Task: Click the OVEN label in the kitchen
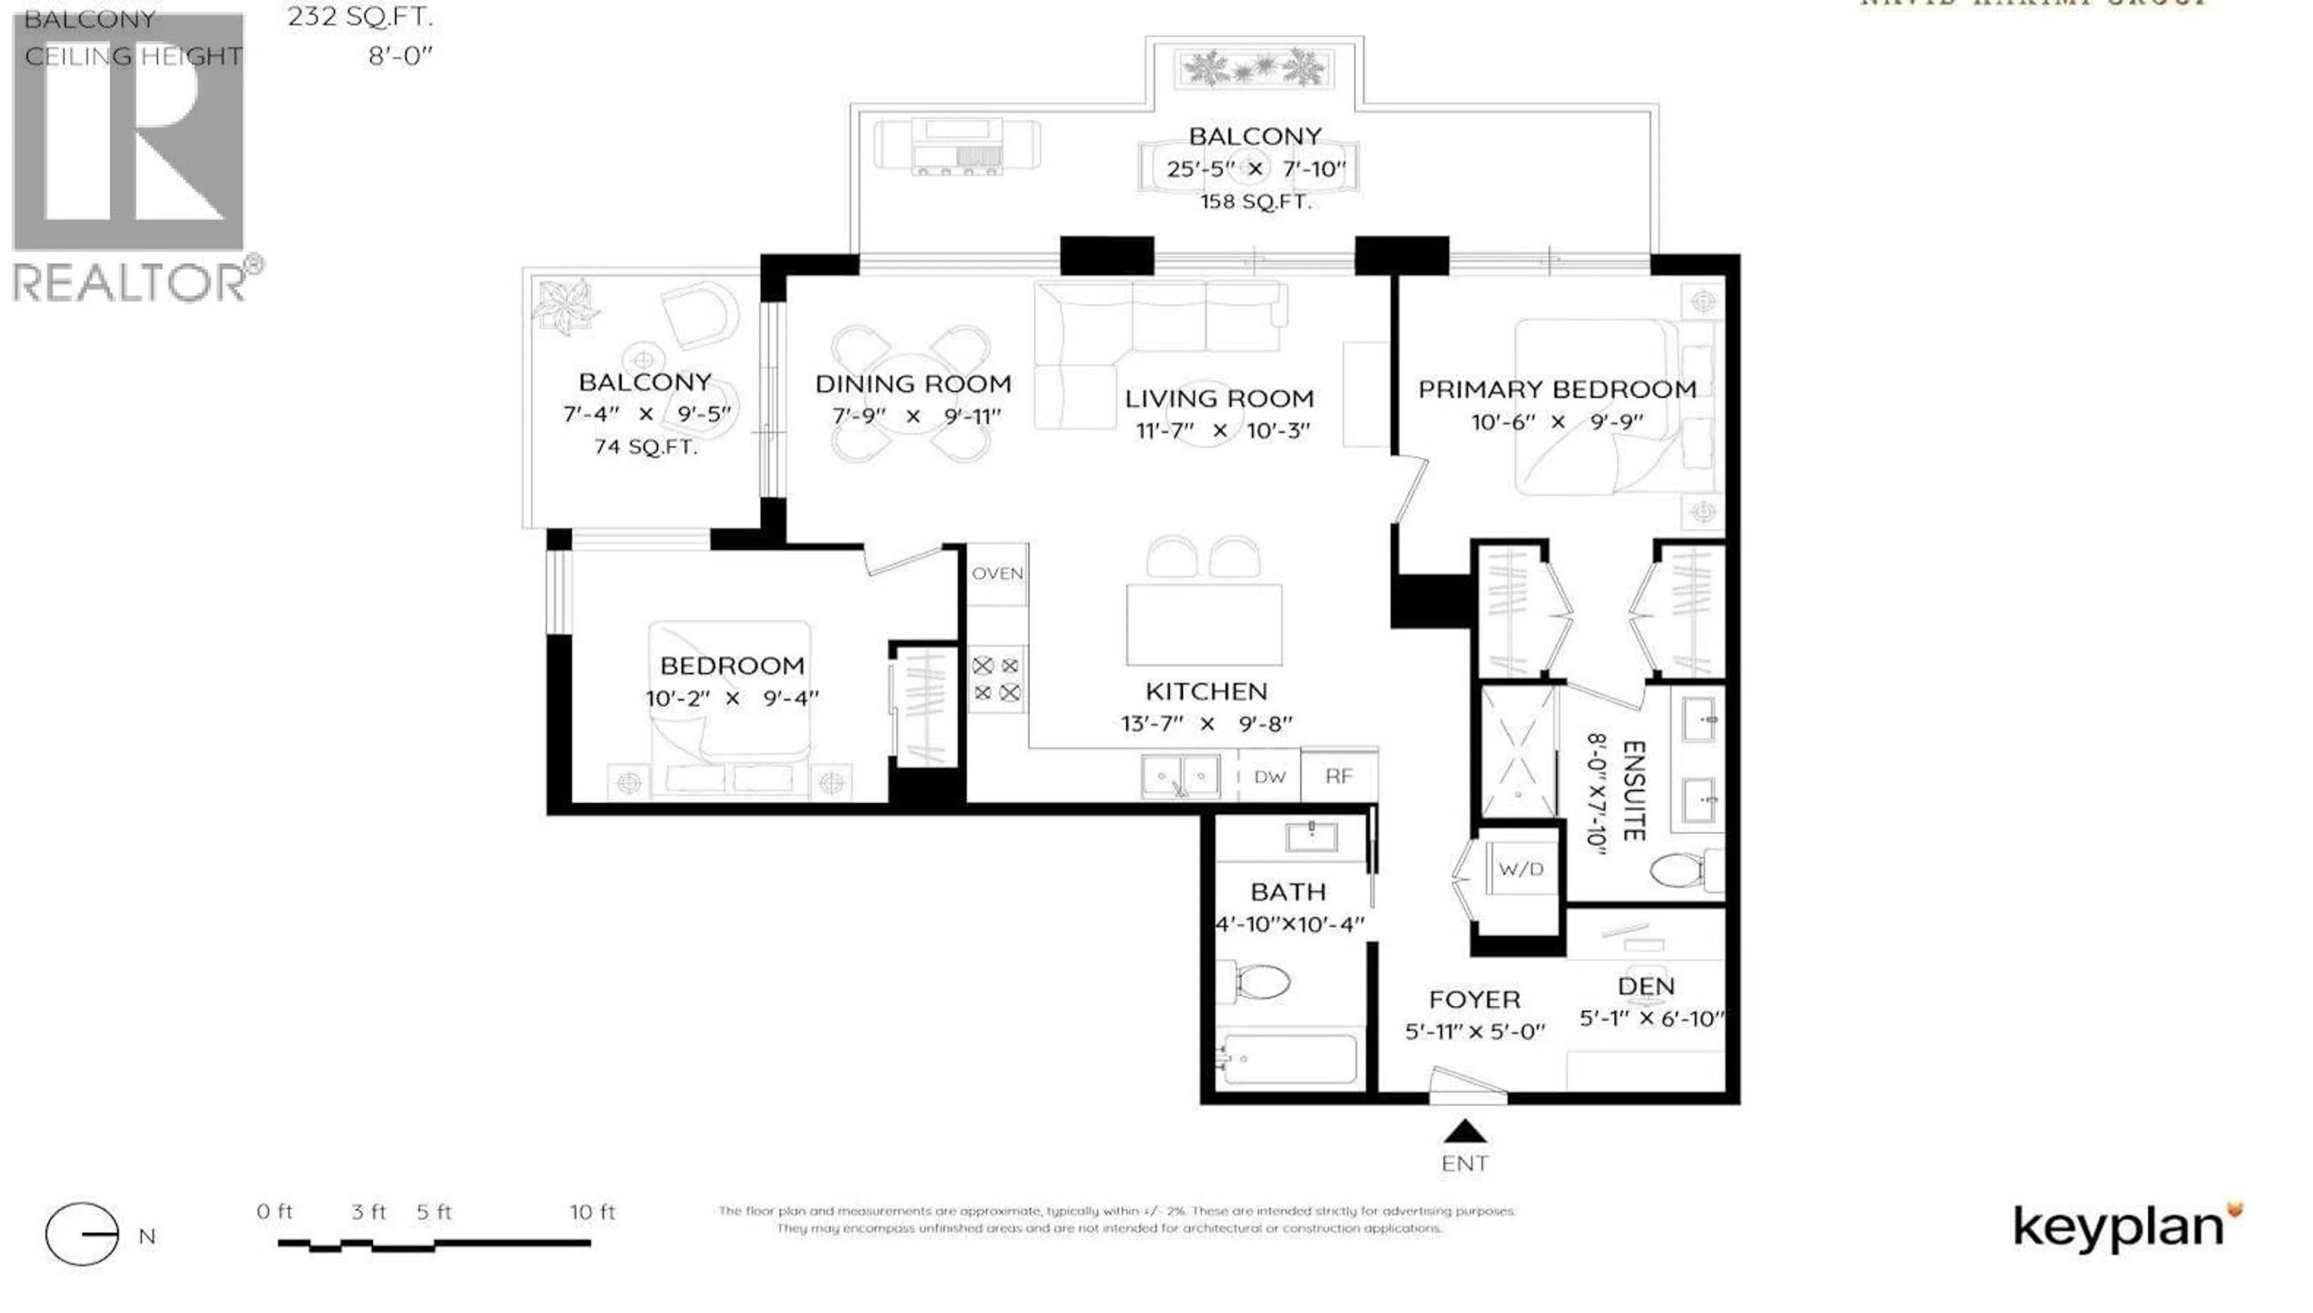coord(997,573)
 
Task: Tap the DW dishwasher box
coord(1270,776)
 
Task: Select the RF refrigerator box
coord(1339,776)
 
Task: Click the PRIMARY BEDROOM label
coord(1557,390)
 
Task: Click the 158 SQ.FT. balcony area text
coord(1255,202)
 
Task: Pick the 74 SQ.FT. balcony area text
coord(646,446)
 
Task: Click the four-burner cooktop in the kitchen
coord(996,679)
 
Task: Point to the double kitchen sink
coord(1181,776)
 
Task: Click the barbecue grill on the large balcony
coord(958,146)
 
